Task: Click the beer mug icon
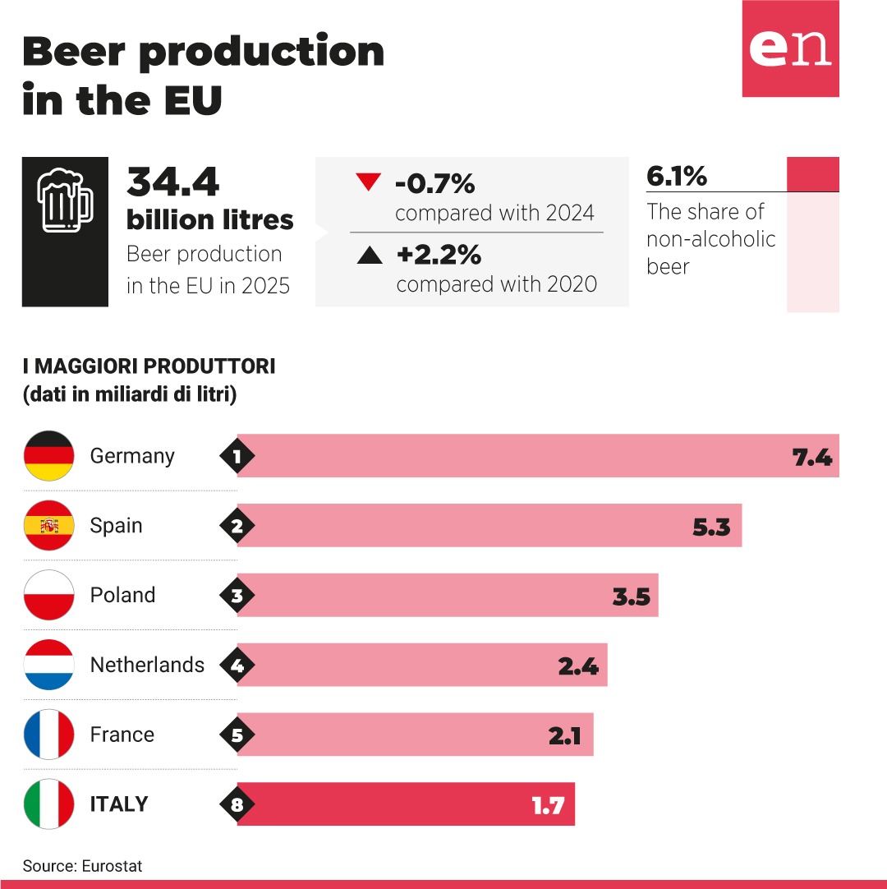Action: point(65,200)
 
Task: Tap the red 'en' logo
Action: point(791,48)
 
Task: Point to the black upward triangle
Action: point(370,256)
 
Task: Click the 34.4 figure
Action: point(172,182)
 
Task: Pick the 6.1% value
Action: point(677,176)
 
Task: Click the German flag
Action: point(49,456)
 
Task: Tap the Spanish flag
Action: point(49,526)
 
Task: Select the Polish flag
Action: point(49,595)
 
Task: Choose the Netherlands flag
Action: point(49,665)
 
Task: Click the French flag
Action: point(49,735)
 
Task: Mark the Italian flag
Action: point(49,804)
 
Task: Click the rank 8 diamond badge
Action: point(237,804)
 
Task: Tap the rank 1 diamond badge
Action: point(237,456)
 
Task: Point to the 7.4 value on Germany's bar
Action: point(812,457)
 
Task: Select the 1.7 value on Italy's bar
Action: point(548,806)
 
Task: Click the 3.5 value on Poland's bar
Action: point(632,597)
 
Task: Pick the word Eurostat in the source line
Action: point(112,866)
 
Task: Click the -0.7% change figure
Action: point(434,183)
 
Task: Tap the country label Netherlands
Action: point(147,665)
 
